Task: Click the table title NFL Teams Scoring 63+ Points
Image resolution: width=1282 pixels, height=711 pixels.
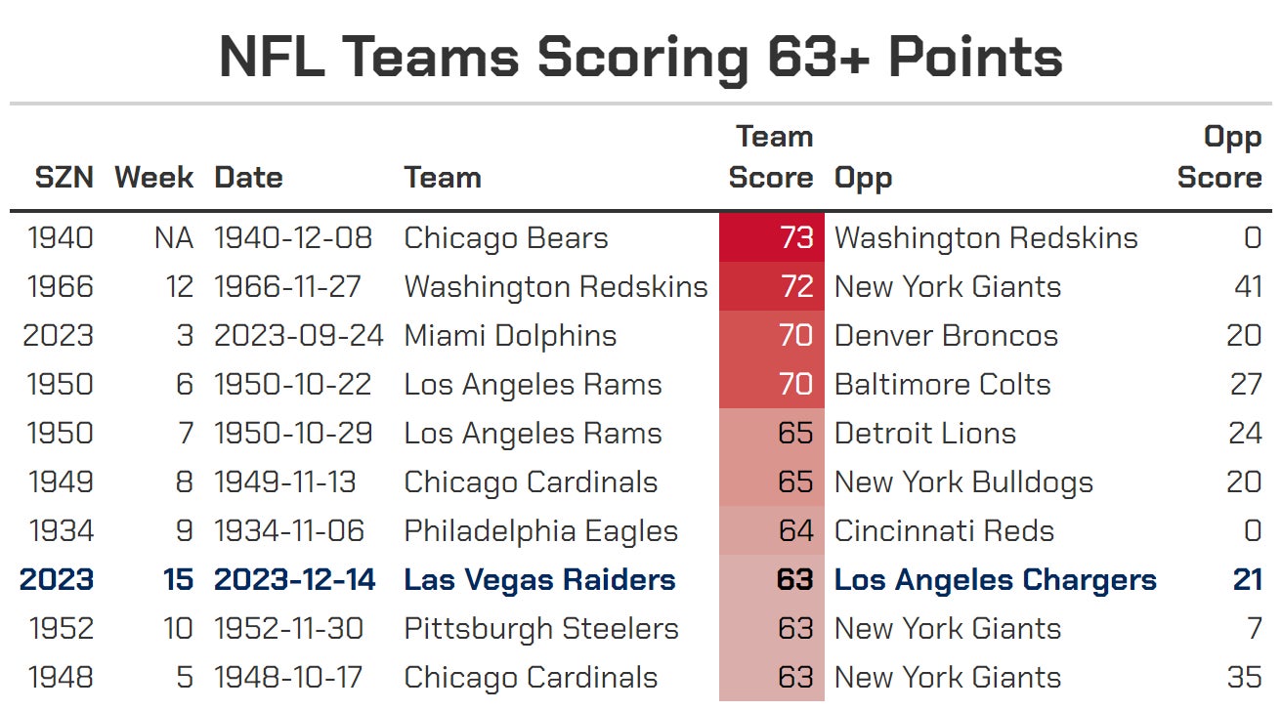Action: tap(641, 57)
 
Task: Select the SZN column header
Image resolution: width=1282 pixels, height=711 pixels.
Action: tap(64, 178)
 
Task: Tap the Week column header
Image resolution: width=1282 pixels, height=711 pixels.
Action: tap(153, 178)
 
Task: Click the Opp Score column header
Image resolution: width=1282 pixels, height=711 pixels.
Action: tap(1219, 157)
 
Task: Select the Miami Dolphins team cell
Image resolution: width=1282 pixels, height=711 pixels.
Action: tap(510, 336)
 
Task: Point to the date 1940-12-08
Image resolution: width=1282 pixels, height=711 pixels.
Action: tap(292, 238)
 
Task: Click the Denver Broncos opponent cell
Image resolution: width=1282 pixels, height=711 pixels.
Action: tap(946, 336)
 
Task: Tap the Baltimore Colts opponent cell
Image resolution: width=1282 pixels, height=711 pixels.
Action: tap(942, 385)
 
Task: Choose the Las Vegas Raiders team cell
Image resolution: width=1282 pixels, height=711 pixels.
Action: tap(539, 580)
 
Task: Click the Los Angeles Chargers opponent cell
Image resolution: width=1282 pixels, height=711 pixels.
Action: tap(995, 580)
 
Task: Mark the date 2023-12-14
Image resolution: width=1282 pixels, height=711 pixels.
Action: tap(295, 580)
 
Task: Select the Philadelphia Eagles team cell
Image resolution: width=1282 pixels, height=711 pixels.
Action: tap(540, 531)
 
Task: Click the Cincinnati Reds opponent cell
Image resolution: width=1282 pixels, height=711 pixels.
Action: tap(944, 531)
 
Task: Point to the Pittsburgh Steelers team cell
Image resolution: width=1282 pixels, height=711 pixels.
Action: tap(540, 629)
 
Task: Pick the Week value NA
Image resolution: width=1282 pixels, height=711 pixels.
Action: tap(173, 238)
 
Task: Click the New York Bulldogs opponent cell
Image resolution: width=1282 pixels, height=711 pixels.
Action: tap(963, 482)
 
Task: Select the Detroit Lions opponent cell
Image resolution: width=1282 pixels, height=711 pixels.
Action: tap(924, 434)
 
